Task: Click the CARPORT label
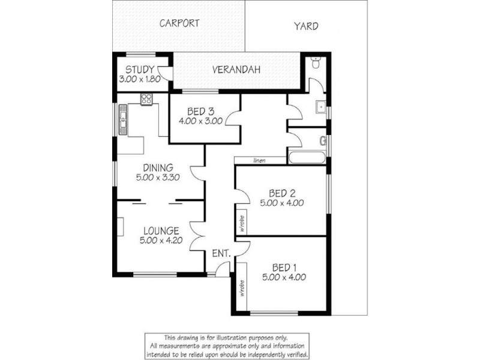click(179, 23)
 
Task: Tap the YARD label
click(306, 26)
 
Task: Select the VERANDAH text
click(236, 70)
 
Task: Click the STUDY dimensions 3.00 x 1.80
click(140, 79)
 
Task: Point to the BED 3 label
click(200, 111)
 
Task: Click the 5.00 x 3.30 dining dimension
click(158, 177)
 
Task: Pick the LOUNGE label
click(161, 230)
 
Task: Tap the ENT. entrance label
click(221, 254)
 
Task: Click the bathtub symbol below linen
click(307, 158)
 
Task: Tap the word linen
click(260, 160)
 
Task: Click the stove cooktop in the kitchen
click(146, 99)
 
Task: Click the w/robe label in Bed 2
click(241, 222)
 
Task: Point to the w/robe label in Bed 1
click(241, 289)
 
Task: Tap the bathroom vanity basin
click(321, 108)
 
